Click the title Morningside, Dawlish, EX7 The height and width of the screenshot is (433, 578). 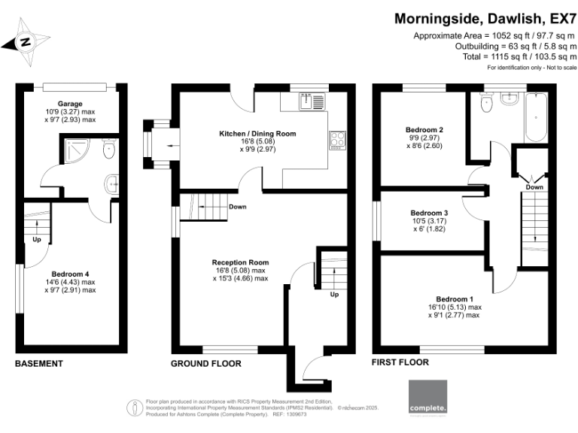coord(485,18)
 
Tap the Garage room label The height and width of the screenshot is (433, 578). coord(70,104)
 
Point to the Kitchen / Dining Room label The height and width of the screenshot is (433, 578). coord(257,133)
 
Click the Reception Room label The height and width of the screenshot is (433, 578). coord(240,262)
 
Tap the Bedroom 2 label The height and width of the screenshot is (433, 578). coord(424,129)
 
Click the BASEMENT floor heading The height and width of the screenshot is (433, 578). coord(39,364)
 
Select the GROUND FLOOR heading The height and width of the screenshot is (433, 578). coord(206,364)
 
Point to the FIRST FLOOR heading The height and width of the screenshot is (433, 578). coord(400,362)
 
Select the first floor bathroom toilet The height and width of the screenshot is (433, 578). coord(485,107)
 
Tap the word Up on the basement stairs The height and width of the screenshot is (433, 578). coord(35,241)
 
